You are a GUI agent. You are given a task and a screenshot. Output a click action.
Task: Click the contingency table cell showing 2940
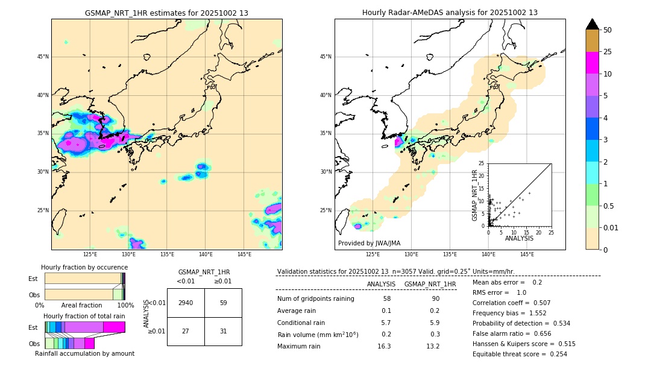tap(186, 303)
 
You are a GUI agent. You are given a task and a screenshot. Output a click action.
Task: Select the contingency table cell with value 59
tap(223, 303)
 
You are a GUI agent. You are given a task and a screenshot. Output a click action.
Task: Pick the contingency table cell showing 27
tap(186, 331)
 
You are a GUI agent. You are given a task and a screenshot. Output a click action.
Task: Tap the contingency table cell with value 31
tap(223, 331)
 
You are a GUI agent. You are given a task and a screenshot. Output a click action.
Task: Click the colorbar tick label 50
tap(608, 30)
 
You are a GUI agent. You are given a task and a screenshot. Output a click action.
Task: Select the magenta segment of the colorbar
tap(593, 63)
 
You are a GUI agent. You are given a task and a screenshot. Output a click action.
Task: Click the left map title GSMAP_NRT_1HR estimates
tap(166, 13)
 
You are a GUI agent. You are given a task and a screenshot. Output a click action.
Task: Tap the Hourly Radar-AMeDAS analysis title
tap(450, 13)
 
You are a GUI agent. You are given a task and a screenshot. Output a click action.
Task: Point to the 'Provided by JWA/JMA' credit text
tap(369, 244)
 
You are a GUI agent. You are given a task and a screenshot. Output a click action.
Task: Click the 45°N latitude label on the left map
tap(43, 57)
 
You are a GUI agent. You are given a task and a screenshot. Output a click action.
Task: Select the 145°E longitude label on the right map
tap(527, 255)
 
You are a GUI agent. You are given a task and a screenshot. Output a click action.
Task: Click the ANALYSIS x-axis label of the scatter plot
tap(519, 239)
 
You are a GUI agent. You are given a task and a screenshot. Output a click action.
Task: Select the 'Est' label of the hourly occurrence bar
tap(33, 279)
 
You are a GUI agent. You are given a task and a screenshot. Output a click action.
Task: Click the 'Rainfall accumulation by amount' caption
tap(84, 354)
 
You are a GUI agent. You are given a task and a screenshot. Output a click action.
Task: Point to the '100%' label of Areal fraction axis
tap(125, 306)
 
